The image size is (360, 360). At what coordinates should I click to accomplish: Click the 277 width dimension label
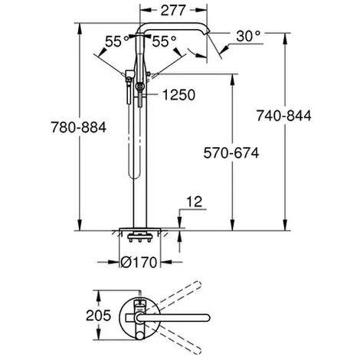(x=173, y=11)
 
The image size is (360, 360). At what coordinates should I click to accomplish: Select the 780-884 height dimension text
(x=79, y=127)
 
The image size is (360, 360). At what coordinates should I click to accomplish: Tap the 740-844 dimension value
(x=284, y=116)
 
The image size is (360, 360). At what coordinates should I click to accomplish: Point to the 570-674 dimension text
(x=231, y=153)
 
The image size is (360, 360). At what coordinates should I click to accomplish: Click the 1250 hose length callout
(x=179, y=95)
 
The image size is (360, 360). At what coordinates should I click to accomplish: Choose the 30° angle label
(x=248, y=36)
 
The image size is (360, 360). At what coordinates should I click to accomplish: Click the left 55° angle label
(x=117, y=41)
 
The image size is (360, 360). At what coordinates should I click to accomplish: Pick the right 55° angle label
(x=164, y=41)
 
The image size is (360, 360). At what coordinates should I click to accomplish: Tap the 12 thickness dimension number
(x=195, y=201)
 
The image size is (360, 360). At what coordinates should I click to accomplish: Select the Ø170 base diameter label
(x=139, y=262)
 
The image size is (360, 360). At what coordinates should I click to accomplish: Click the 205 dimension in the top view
(x=98, y=316)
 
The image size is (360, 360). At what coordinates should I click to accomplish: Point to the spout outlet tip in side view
(x=208, y=32)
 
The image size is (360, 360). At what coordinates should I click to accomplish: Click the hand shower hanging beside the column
(x=129, y=87)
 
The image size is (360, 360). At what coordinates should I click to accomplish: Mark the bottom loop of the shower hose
(x=133, y=175)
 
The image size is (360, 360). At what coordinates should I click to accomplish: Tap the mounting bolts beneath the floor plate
(x=139, y=237)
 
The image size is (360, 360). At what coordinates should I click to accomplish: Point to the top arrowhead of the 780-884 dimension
(x=80, y=28)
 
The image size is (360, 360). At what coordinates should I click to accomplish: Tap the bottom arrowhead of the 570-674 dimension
(x=232, y=224)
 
